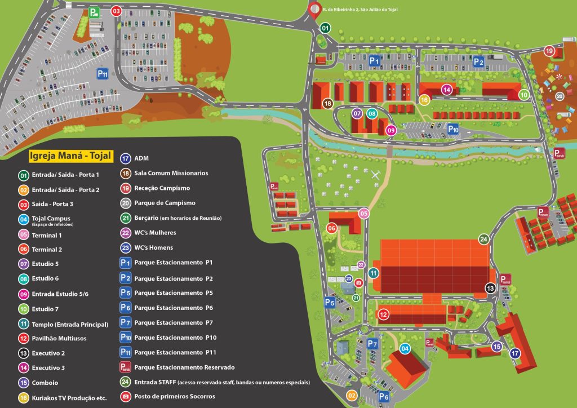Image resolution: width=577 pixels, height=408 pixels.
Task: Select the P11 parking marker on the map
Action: click(103, 74)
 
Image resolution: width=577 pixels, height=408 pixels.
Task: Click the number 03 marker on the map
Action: click(116, 11)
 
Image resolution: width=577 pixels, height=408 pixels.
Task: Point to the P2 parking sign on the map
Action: click(478, 62)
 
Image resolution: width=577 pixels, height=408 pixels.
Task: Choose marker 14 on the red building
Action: click(447, 90)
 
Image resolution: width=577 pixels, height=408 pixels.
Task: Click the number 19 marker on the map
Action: click(549, 51)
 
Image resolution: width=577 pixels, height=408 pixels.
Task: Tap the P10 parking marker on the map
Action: click(453, 130)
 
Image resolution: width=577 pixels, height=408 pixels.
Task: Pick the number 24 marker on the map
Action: click(483, 239)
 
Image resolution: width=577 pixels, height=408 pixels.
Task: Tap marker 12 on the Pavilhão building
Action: click(383, 314)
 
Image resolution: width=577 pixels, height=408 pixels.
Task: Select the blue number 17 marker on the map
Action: click(515, 353)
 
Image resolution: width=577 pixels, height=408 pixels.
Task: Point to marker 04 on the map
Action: click(405, 349)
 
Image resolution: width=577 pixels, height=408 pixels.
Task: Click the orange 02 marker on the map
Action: click(352, 396)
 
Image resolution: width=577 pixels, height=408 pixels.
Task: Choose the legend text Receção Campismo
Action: click(162, 188)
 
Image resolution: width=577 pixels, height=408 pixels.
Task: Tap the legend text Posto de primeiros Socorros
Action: click(175, 397)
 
